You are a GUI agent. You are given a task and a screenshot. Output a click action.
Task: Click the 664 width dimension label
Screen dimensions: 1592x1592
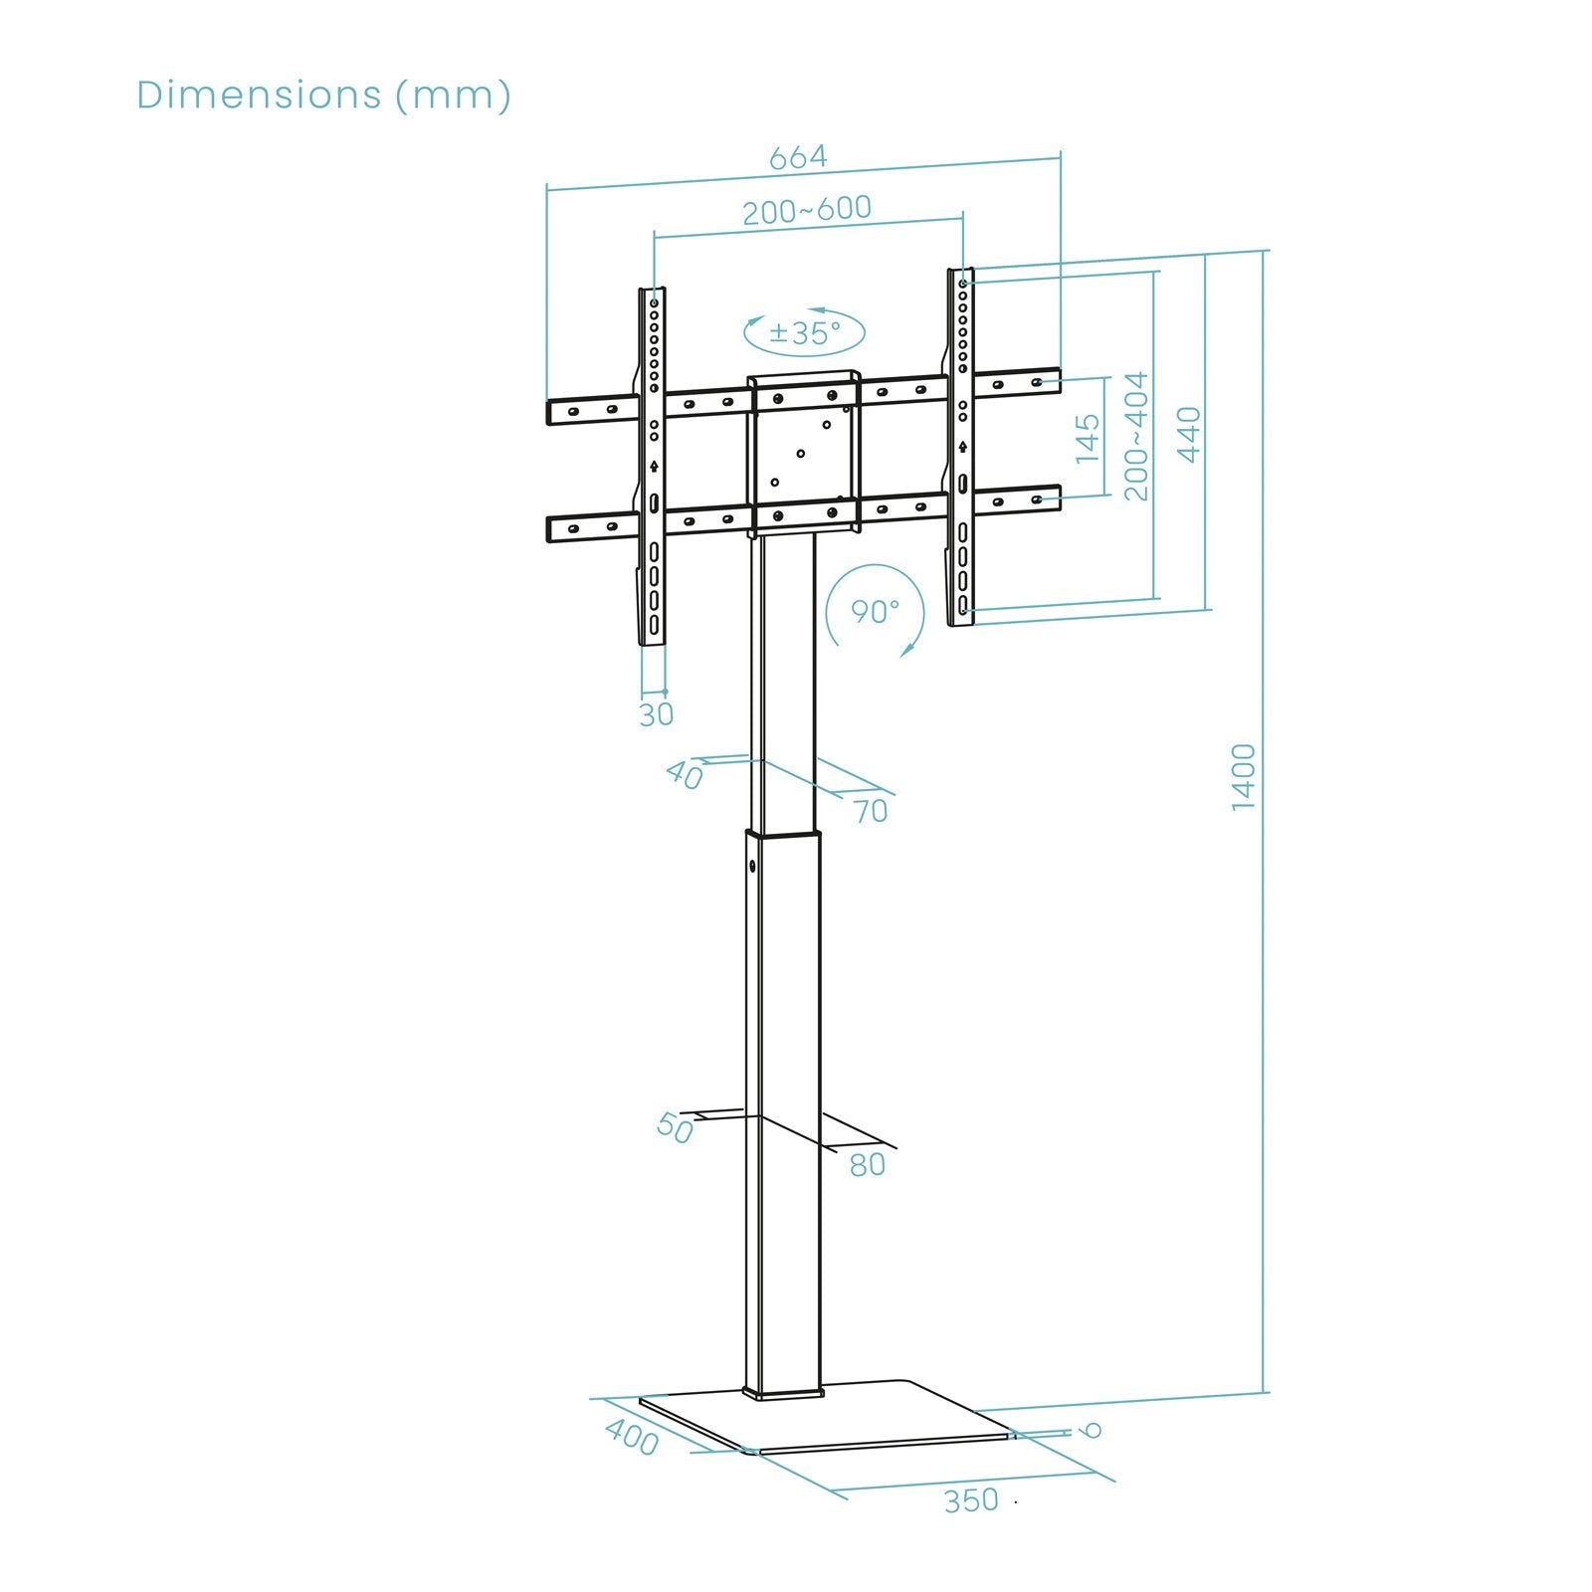point(798,157)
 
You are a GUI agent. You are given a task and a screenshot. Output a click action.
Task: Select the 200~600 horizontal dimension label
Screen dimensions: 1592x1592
point(807,209)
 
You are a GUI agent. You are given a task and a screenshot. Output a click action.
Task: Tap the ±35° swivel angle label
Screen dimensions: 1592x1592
point(805,332)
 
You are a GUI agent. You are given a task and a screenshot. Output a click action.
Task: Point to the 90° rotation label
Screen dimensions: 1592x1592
point(875,611)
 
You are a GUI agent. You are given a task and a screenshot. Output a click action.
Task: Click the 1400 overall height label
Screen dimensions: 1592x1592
point(1244,777)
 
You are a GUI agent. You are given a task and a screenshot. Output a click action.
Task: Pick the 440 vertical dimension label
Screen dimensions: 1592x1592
point(1189,434)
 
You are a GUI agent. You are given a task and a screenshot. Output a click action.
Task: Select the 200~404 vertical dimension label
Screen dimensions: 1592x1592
point(1135,436)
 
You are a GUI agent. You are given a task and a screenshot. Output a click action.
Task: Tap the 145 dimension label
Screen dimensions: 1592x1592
point(1088,438)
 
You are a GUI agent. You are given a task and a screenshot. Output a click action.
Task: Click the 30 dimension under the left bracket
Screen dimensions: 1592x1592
point(656,714)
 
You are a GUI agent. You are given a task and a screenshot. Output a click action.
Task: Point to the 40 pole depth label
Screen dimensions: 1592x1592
point(685,774)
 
